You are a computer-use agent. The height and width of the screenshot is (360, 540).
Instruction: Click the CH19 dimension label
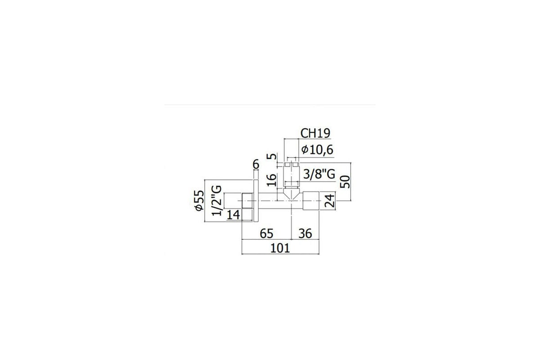(x=315, y=133)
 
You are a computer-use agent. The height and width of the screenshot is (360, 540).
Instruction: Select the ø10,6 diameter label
(x=317, y=150)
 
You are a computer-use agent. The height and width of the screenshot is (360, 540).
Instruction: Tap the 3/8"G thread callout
(x=319, y=174)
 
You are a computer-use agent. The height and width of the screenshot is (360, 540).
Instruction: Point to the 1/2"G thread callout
(x=216, y=200)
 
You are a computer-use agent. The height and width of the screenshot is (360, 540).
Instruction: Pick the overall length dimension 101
(x=280, y=248)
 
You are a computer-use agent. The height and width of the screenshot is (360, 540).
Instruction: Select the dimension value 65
(x=266, y=234)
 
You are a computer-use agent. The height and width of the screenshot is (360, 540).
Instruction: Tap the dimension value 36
(x=305, y=234)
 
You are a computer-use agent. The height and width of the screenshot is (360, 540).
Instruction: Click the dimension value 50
(x=345, y=181)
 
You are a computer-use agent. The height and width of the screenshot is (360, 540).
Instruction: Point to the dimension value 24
(x=329, y=201)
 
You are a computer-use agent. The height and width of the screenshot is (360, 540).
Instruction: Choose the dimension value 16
(x=271, y=180)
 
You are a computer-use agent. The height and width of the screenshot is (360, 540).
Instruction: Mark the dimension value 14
(x=234, y=215)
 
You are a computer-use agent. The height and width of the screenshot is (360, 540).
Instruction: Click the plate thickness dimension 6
(x=256, y=165)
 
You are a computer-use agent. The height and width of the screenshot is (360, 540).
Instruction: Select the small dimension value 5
(x=271, y=156)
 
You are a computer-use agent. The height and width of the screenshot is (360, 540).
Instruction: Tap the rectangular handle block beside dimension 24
(x=311, y=201)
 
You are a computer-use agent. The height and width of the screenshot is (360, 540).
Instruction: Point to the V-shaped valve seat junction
(x=292, y=194)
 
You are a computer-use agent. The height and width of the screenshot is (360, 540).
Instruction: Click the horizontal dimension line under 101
(x=280, y=254)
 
